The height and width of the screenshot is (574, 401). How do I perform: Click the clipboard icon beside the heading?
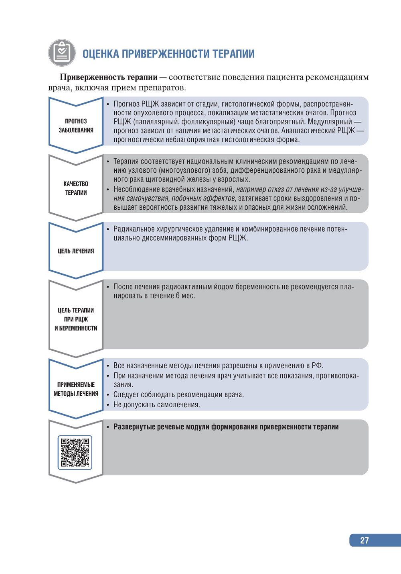click(62, 53)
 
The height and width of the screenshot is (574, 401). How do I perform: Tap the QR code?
click(75, 452)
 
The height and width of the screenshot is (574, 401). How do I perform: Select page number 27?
click(364, 540)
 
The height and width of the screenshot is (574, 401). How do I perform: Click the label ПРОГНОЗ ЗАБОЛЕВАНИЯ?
click(76, 125)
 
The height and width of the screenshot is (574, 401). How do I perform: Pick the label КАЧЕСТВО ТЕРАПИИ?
click(76, 188)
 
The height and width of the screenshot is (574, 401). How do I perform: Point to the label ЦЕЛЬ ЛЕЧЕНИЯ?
click(76, 251)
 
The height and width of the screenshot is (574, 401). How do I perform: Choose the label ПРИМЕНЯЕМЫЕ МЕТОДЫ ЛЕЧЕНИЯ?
click(76, 389)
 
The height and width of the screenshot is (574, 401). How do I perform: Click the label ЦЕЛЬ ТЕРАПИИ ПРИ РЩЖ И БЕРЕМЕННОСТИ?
click(76, 319)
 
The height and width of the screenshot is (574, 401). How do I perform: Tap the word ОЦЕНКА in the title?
click(101, 54)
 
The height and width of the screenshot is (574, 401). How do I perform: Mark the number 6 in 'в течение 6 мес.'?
click(178, 296)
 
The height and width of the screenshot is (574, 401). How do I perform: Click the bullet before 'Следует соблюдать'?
click(108, 395)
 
